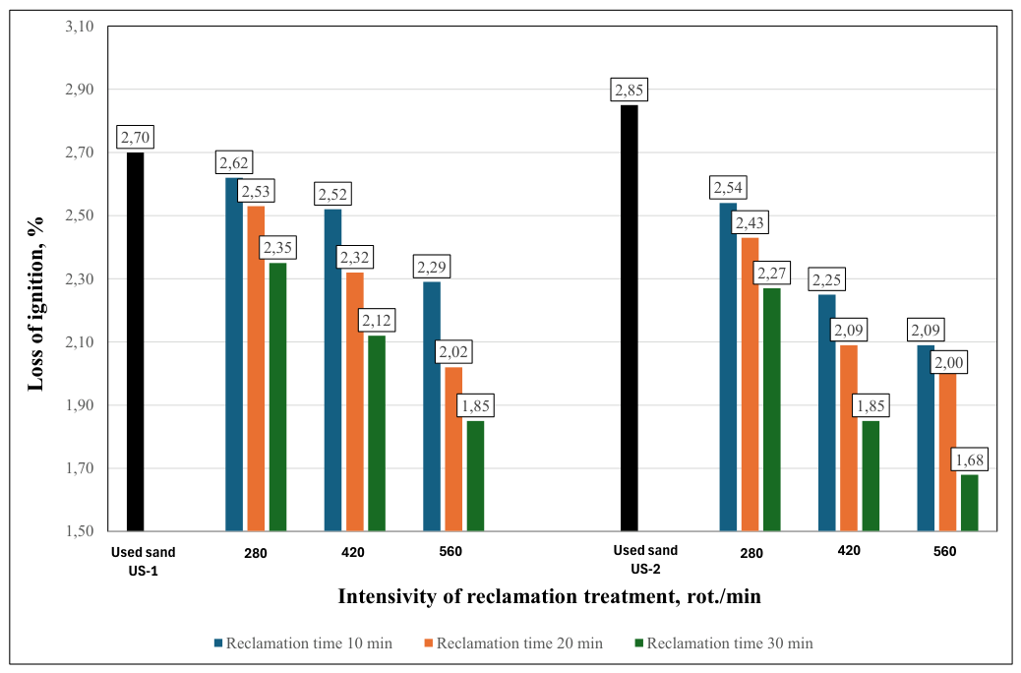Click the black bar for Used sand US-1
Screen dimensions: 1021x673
click(x=135, y=341)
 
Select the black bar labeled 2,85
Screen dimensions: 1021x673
click(x=629, y=318)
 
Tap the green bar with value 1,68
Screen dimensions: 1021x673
click(x=969, y=503)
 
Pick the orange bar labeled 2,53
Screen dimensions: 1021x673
click(x=256, y=368)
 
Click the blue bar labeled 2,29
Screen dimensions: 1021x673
click(x=432, y=406)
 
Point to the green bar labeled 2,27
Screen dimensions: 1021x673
click(x=771, y=409)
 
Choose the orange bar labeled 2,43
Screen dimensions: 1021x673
click(x=751, y=385)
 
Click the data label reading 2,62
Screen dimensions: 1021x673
click(x=234, y=163)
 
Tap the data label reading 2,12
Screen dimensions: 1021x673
click(x=377, y=321)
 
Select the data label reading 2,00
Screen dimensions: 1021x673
click(x=949, y=362)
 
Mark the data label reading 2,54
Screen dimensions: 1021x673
click(x=728, y=188)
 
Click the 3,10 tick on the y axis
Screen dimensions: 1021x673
click(x=80, y=27)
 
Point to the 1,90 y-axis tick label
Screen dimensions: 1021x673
click(x=80, y=405)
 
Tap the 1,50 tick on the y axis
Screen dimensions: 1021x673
click(x=80, y=531)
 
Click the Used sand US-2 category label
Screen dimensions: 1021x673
click(x=645, y=560)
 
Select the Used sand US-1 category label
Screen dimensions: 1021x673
click(x=144, y=562)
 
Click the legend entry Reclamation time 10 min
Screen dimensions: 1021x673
click(x=303, y=643)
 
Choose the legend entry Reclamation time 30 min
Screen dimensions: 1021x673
click(x=724, y=643)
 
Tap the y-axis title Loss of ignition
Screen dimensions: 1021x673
click(x=35, y=304)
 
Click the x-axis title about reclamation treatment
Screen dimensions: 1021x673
click(x=549, y=596)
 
